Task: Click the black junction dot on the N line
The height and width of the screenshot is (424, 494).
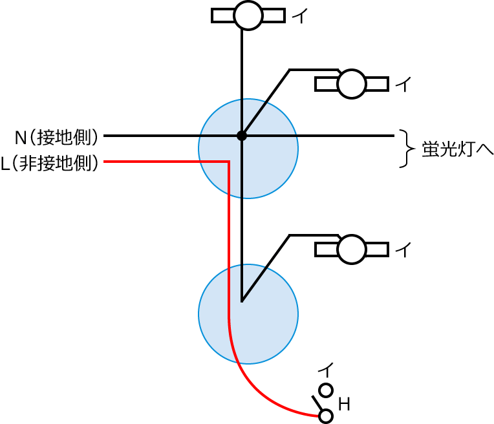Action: click(242, 136)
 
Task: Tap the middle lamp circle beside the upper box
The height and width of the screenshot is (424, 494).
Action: click(352, 83)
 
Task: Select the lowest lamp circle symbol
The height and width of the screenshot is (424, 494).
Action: click(352, 249)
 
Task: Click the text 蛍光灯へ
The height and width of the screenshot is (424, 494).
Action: click(453, 148)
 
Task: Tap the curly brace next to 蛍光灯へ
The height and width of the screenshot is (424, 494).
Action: click(405, 148)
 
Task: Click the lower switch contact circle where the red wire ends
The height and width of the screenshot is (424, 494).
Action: click(326, 416)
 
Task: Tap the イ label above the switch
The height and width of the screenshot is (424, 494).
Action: click(326, 370)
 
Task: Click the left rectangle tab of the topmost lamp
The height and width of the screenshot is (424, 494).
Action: click(223, 15)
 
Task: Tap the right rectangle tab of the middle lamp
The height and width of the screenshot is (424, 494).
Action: click(377, 83)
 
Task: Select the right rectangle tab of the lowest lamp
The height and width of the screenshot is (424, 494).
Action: click(377, 249)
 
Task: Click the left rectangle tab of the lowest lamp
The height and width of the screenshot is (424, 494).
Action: click(327, 249)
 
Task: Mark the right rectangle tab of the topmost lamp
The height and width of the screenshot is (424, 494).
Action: click(273, 15)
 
